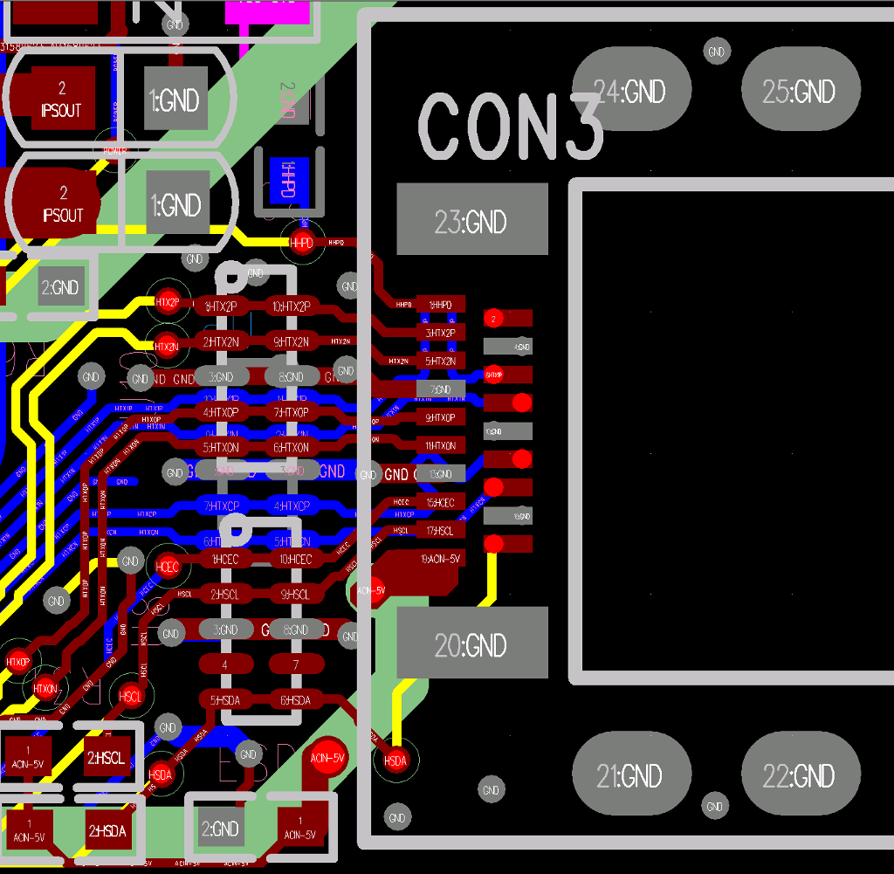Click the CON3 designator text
coord(511,127)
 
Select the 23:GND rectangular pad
coord(471,219)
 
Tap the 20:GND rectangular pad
coord(471,643)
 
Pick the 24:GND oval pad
coord(630,91)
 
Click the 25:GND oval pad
coord(800,91)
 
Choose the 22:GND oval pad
coord(800,774)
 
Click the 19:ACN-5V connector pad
coord(440,559)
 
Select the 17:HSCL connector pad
coord(440,530)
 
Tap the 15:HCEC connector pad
coord(440,502)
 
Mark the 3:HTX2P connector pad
coord(440,333)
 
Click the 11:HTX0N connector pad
coord(440,446)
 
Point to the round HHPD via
coord(301,243)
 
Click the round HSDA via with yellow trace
coord(395,760)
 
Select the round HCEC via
coord(167,567)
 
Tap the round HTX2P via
coord(167,302)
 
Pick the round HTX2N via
coord(167,346)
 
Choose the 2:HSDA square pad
coord(107,831)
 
